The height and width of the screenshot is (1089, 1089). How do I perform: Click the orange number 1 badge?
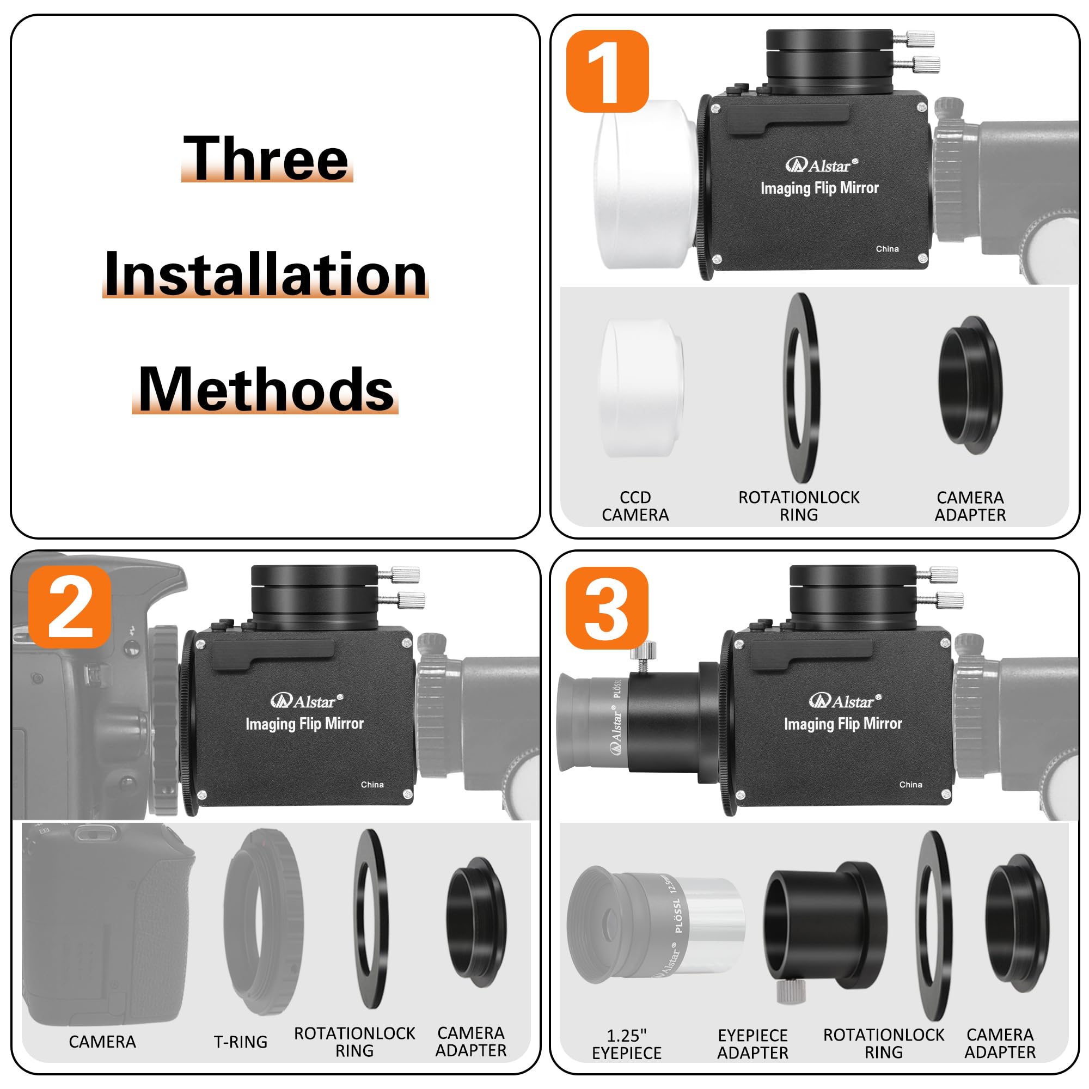pyautogui.click(x=607, y=71)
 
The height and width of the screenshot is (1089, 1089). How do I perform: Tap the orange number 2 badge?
pyautogui.click(x=70, y=607)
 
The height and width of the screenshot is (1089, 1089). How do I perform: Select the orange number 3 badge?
pyautogui.click(x=607, y=608)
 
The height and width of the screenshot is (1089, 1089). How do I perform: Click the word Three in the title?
pyautogui.click(x=266, y=158)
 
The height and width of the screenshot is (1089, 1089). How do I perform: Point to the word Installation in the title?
pyautogui.click(x=266, y=274)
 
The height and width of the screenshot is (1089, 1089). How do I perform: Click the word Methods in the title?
pyautogui.click(x=266, y=389)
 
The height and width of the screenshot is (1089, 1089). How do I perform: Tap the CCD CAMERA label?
pyautogui.click(x=635, y=506)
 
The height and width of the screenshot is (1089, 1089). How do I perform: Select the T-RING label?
pyautogui.click(x=241, y=1042)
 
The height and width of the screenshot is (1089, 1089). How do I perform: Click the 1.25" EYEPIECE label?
pyautogui.click(x=627, y=1044)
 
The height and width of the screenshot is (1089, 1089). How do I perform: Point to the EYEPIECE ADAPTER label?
pyautogui.click(x=752, y=1044)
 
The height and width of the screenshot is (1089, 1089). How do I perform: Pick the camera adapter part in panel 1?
pyautogui.click(x=971, y=386)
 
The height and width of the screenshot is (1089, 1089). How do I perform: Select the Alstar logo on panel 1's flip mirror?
pyautogui.click(x=822, y=165)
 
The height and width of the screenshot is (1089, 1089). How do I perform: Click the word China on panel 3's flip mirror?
pyautogui.click(x=910, y=785)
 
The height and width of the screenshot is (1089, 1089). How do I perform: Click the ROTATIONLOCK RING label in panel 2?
pyautogui.click(x=354, y=1042)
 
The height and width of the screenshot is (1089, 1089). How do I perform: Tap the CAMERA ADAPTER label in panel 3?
pyautogui.click(x=1000, y=1043)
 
